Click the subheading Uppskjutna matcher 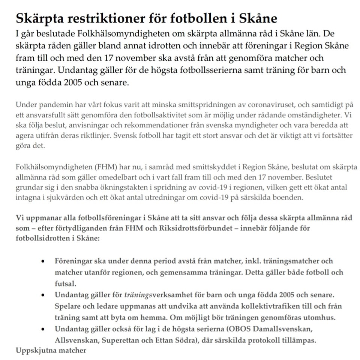coord(51,351)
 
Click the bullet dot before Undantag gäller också coord(44,330)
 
